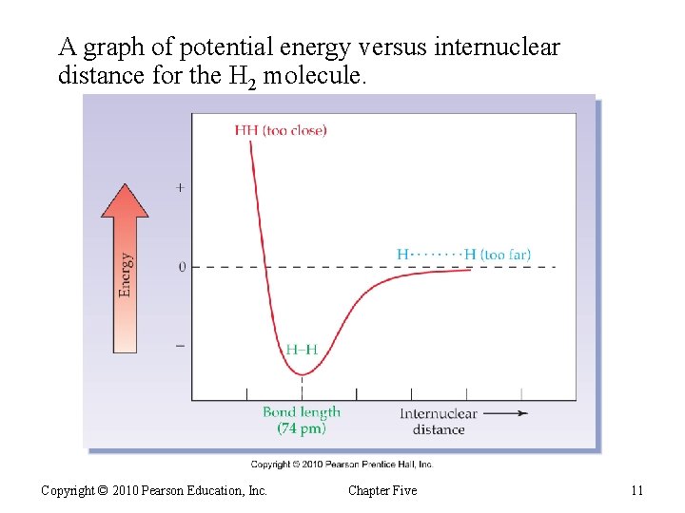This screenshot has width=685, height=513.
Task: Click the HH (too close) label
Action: click(x=280, y=130)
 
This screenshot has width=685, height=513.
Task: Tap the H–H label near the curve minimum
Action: click(x=302, y=349)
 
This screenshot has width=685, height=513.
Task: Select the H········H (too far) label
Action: click(x=463, y=255)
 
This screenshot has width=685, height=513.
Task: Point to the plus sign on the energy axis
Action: click(x=181, y=188)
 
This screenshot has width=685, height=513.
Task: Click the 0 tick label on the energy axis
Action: click(x=182, y=267)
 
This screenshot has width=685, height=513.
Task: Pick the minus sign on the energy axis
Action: click(x=181, y=346)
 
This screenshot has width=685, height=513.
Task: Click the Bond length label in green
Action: click(x=302, y=412)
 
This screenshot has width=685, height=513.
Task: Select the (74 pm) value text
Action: click(x=302, y=428)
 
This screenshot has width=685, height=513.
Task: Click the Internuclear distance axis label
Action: click(x=439, y=421)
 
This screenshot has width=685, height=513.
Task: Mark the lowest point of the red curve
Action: click(x=303, y=373)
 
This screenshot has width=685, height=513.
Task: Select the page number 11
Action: click(x=636, y=490)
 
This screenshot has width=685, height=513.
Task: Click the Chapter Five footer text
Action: click(x=382, y=490)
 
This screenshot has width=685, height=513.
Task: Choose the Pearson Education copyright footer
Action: click(x=154, y=490)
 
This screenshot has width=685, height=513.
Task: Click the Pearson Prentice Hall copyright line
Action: click(x=342, y=465)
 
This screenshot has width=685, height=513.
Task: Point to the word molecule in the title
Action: click(x=313, y=76)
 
